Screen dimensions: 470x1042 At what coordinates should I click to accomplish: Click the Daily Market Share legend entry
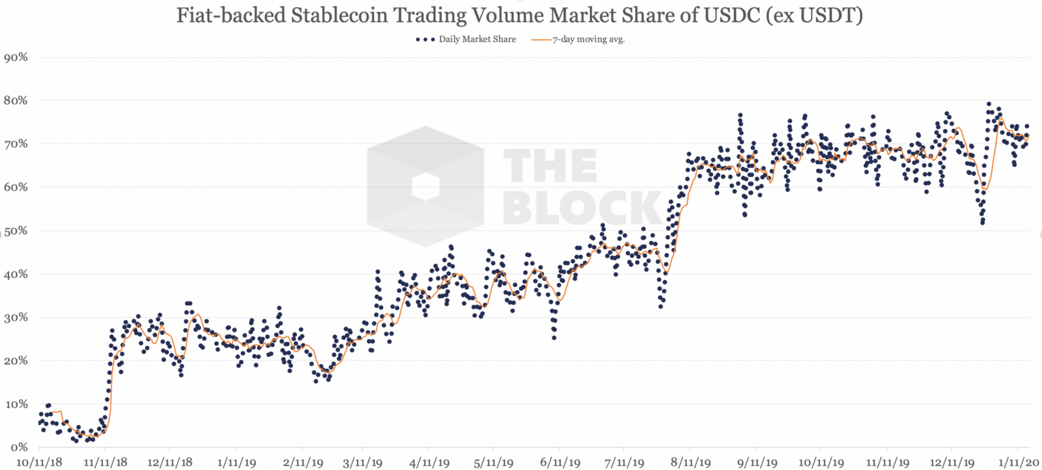[x=476, y=39]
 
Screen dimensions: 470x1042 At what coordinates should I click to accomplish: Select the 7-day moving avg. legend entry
[x=588, y=39]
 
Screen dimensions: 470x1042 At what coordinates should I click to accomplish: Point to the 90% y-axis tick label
[x=16, y=57]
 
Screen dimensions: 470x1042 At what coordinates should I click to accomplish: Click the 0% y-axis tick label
[x=18, y=447]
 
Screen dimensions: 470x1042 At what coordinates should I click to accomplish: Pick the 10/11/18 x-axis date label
[x=39, y=463]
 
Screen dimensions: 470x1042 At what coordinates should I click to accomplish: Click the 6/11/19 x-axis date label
[x=559, y=463]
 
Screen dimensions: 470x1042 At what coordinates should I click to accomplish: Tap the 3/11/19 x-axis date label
[x=362, y=463]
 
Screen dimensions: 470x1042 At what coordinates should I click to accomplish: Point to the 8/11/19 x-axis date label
[x=690, y=463]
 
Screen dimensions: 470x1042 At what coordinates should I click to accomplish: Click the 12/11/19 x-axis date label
[x=951, y=463]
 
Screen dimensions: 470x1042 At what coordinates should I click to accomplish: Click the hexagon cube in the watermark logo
[x=425, y=187]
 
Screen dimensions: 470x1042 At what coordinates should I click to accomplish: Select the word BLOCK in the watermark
[x=582, y=208]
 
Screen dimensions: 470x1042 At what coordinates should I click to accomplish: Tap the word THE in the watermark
[x=550, y=167]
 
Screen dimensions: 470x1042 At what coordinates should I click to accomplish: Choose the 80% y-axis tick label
[x=16, y=100]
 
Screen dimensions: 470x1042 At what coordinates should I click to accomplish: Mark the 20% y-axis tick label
[x=16, y=361]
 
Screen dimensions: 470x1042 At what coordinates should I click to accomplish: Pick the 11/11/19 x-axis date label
[x=887, y=463]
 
